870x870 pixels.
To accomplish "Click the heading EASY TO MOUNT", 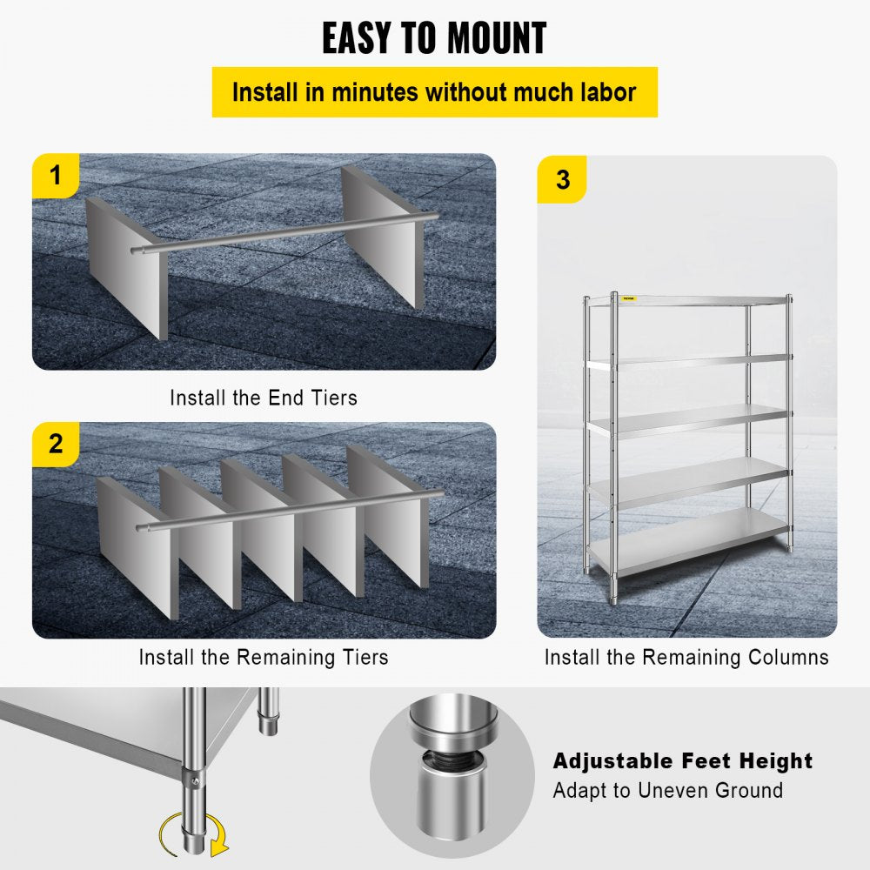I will [x=434, y=38].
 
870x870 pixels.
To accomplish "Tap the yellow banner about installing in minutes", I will [x=434, y=92].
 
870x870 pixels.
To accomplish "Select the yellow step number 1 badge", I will [x=57, y=176].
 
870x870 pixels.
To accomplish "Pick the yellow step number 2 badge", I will [x=57, y=444].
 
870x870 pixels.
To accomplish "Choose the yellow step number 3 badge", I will [x=562, y=180].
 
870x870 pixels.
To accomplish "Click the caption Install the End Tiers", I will [x=264, y=398].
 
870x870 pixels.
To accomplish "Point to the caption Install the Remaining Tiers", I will [x=264, y=657].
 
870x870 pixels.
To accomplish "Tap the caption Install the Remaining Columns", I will [x=686, y=657].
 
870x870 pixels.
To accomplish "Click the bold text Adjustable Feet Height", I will [x=682, y=761].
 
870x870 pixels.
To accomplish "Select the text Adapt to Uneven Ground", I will [x=667, y=791].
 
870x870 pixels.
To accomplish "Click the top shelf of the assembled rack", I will [x=687, y=300].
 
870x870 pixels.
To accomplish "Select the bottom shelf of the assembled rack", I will [x=687, y=541].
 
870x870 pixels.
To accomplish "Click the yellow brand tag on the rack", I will [x=628, y=298].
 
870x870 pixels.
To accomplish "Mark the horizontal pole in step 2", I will [x=287, y=511].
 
